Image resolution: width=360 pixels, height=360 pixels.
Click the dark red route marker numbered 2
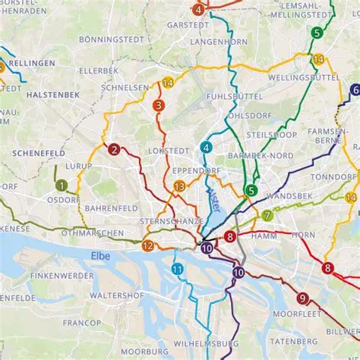(113, 150)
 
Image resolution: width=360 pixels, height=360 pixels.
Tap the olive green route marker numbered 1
(62, 184)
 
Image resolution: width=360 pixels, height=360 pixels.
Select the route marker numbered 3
(158, 106)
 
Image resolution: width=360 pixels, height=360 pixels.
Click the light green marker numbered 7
(267, 215)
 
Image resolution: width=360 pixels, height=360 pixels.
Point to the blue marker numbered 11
(177, 269)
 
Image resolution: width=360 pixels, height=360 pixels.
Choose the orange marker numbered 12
(147, 245)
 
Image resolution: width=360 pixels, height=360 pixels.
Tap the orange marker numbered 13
(178, 186)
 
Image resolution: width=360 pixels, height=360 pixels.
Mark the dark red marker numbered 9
(302, 298)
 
